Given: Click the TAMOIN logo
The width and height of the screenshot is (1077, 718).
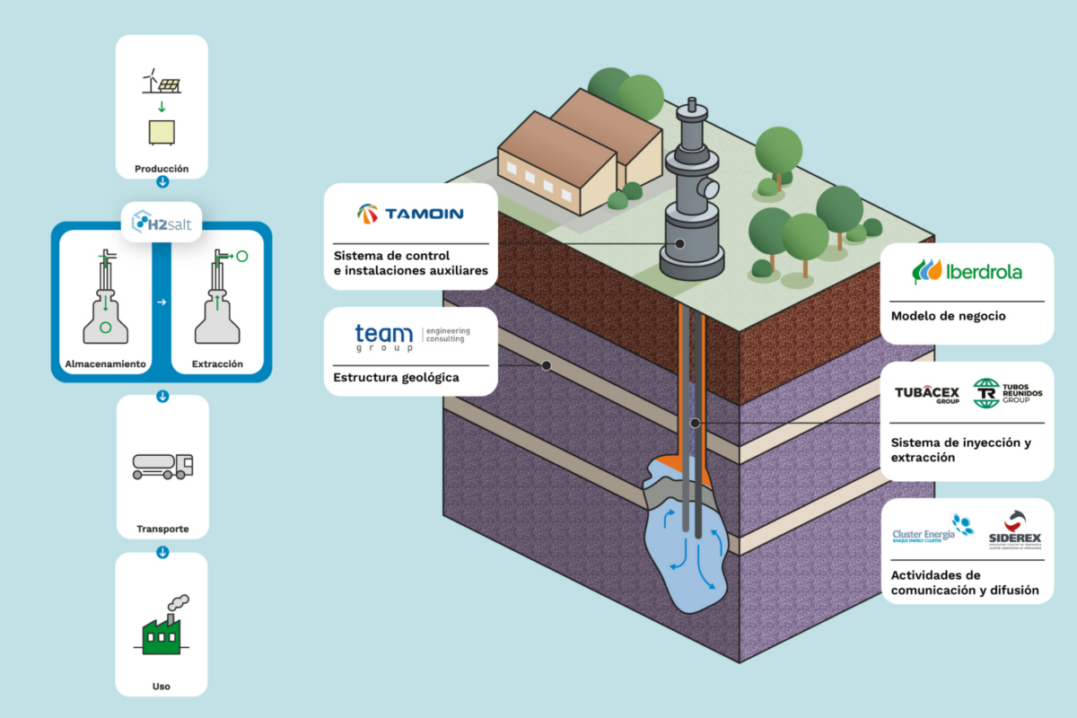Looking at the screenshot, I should click(x=410, y=214).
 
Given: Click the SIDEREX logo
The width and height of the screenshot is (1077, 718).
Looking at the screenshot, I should click(x=1015, y=529).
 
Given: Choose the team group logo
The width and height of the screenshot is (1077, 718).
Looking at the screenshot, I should click(x=384, y=337).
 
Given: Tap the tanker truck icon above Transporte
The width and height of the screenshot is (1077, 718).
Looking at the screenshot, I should click(x=162, y=464).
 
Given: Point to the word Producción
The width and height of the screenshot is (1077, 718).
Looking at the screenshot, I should click(x=162, y=169).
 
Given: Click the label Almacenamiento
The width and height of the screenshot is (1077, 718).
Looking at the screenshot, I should click(x=106, y=364).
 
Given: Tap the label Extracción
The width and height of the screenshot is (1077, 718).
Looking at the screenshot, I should click(x=217, y=364).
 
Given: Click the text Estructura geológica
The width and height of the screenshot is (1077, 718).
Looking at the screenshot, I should click(x=396, y=378).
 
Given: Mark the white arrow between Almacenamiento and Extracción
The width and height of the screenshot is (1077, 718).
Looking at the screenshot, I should click(x=162, y=302).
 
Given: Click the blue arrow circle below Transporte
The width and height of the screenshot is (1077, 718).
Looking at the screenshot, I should click(x=162, y=552).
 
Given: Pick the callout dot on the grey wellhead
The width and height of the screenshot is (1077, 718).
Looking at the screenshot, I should click(x=679, y=243).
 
